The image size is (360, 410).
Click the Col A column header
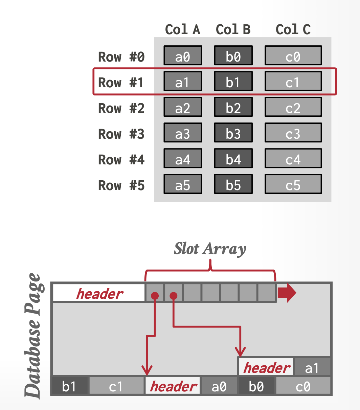(182, 30)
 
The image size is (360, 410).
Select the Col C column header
(293, 30)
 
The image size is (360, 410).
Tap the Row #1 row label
(121, 83)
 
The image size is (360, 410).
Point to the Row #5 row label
(121, 185)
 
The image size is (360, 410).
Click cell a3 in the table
(183, 134)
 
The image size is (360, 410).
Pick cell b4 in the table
(233, 160)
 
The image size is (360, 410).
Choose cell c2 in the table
(293, 108)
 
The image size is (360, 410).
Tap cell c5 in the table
(293, 185)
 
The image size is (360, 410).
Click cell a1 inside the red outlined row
(183, 83)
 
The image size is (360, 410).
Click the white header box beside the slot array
(99, 293)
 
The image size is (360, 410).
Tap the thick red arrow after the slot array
(287, 293)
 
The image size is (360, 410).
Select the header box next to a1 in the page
(266, 367)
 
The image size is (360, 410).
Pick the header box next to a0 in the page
(173, 386)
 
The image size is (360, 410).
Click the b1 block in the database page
(69, 386)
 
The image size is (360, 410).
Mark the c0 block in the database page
(303, 386)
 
